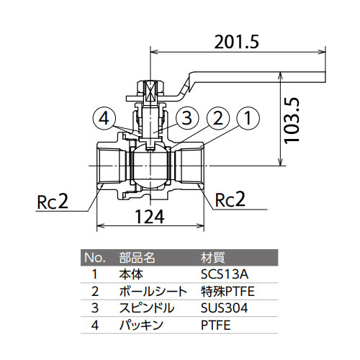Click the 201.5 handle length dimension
tap(236, 42)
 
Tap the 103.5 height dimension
tap(292, 121)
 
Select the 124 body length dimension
tap(150, 217)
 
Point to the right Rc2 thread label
tap(230, 199)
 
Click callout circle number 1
tap(248, 118)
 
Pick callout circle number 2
tap(217, 118)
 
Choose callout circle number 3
tap(187, 118)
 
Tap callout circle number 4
tap(104, 119)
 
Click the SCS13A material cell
tap(225, 274)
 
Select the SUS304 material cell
tap(224, 308)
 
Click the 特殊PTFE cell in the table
tap(228, 292)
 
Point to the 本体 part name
tap(131, 274)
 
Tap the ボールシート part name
tap(153, 292)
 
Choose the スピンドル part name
tap(147, 308)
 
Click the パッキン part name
tap(141, 325)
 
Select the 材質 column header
tap(212, 258)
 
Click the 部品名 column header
tap(137, 258)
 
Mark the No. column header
tap(95, 258)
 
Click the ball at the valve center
tap(150, 166)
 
